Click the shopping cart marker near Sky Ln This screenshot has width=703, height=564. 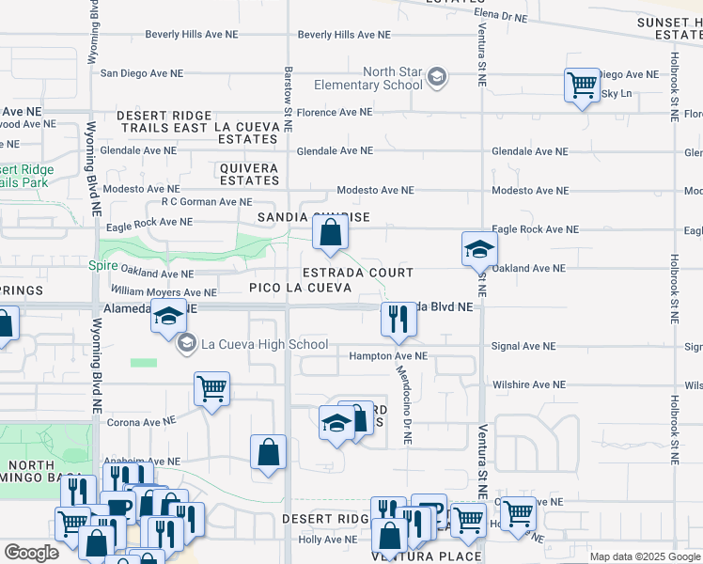coord(582,86)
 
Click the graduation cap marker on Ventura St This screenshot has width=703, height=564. coord(479,249)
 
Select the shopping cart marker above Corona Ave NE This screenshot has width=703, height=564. coord(211,386)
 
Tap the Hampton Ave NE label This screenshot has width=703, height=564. coord(387,356)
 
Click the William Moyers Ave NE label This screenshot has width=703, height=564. coord(164,292)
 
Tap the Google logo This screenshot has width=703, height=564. coord(31,554)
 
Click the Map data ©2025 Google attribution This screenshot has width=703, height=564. coord(644,556)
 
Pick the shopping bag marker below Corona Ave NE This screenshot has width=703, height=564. coord(269,452)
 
